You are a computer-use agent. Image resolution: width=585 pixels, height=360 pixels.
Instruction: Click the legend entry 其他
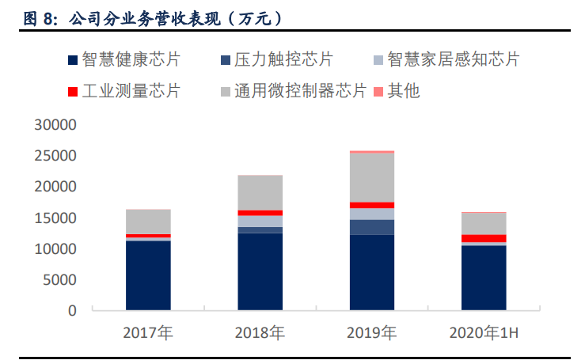403,91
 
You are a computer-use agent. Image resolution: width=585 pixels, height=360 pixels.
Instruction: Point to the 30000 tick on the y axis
55,125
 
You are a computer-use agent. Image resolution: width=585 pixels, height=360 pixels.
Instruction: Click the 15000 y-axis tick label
55,218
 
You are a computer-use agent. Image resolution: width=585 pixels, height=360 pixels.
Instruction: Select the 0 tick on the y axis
72,311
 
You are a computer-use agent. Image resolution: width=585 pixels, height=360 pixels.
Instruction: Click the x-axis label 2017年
148,333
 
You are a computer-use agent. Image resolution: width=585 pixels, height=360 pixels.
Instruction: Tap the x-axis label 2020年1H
483,333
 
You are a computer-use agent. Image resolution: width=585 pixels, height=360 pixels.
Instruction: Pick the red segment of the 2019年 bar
372,205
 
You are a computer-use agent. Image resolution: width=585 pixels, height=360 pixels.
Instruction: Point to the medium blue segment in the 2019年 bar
372,227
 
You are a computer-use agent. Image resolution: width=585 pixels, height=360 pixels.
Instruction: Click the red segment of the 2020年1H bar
484,238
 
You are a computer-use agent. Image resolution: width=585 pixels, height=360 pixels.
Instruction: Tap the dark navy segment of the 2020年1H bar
484,278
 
